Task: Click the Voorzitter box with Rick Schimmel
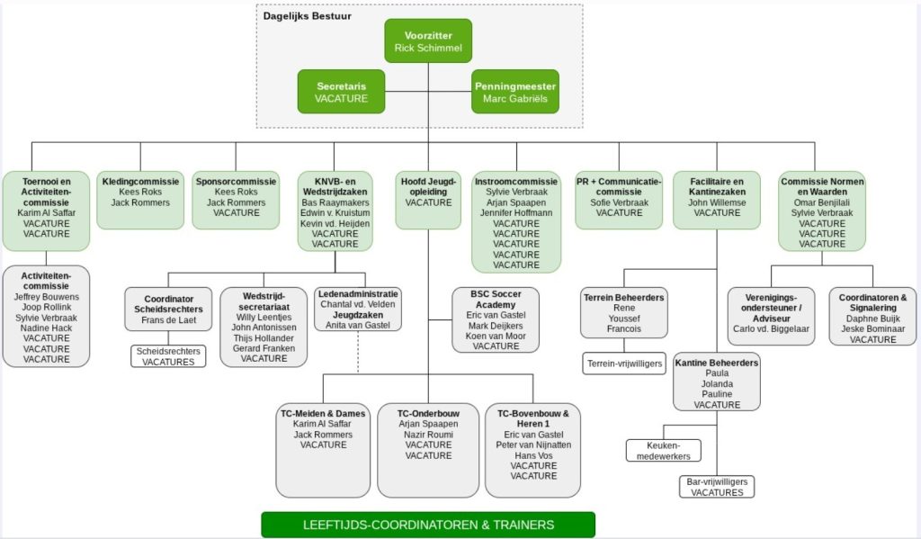(428, 40)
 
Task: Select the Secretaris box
(341, 92)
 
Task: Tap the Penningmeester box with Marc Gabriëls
(515, 92)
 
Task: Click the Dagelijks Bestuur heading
(308, 15)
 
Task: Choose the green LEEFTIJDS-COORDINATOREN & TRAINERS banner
(428, 525)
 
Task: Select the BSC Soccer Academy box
(496, 319)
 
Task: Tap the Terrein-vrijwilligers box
(624, 364)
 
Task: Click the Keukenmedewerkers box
(663, 450)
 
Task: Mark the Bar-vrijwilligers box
(717, 487)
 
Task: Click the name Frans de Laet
(168, 320)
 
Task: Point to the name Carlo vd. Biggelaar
(771, 328)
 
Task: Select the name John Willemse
(717, 202)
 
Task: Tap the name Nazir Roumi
(428, 435)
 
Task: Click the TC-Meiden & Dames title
(323, 414)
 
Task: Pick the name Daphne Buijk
(872, 319)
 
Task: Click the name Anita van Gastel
(358, 325)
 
